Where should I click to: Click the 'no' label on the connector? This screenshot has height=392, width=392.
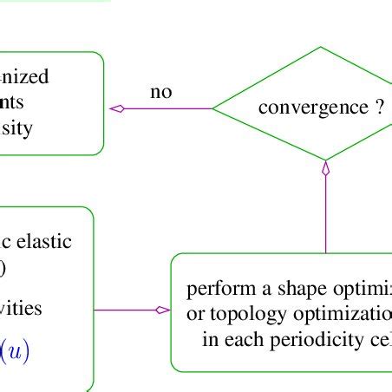click(x=160, y=92)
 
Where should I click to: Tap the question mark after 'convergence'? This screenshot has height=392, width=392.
click(x=379, y=108)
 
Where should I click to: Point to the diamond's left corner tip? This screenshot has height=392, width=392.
click(x=213, y=108)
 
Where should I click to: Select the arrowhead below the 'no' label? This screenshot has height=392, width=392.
click(x=117, y=108)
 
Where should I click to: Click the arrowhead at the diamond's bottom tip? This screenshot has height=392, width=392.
click(x=326, y=169)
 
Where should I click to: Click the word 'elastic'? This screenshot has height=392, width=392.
click(x=44, y=242)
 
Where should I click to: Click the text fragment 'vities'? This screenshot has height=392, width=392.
click(x=21, y=309)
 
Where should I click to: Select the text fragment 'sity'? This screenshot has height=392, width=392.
click(x=18, y=129)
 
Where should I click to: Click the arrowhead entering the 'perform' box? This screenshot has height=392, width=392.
click(x=162, y=310)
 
